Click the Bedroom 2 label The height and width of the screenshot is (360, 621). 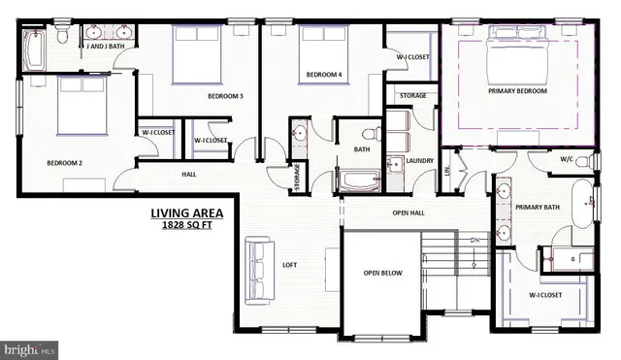64,163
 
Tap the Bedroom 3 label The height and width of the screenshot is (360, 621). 225,96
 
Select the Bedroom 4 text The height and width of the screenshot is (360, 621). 324,75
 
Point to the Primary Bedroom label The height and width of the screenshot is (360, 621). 517,91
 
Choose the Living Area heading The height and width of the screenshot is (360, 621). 186,213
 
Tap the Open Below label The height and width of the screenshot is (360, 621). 382,274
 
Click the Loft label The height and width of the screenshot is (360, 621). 289,263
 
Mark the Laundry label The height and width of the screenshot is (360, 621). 419,161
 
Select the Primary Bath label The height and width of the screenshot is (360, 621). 539,207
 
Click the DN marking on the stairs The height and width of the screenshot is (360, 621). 475,241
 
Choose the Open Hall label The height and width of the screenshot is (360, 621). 409,212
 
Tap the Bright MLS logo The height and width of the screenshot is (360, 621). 30,348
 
